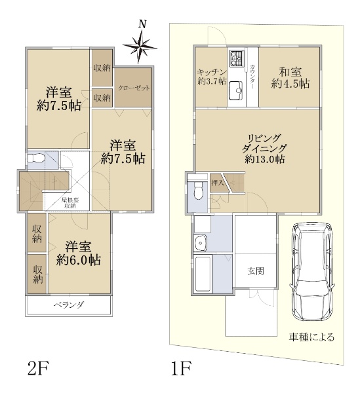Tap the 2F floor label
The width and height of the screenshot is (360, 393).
click(x=37, y=369)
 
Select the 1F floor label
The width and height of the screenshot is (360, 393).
click(x=181, y=369)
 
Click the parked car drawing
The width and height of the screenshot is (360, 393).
click(x=312, y=272)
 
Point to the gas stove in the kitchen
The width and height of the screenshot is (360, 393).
click(x=236, y=58)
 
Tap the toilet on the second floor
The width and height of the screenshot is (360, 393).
click(x=36, y=158)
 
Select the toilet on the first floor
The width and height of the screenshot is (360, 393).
click(x=199, y=191)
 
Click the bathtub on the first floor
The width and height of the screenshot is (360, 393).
click(x=203, y=274)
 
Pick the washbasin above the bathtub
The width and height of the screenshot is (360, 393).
click(x=200, y=243)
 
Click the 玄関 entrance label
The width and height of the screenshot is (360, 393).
click(x=256, y=271)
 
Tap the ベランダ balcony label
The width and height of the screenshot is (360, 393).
click(x=69, y=305)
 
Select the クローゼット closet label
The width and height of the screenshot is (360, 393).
click(x=134, y=88)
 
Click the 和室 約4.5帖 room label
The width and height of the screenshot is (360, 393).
click(x=290, y=78)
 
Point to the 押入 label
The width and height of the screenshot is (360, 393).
click(x=217, y=183)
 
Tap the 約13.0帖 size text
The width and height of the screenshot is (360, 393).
click(x=265, y=159)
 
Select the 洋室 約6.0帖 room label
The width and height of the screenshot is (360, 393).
click(x=79, y=253)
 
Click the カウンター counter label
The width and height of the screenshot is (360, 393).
click(x=252, y=77)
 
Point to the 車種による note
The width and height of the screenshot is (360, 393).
click(x=311, y=337)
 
